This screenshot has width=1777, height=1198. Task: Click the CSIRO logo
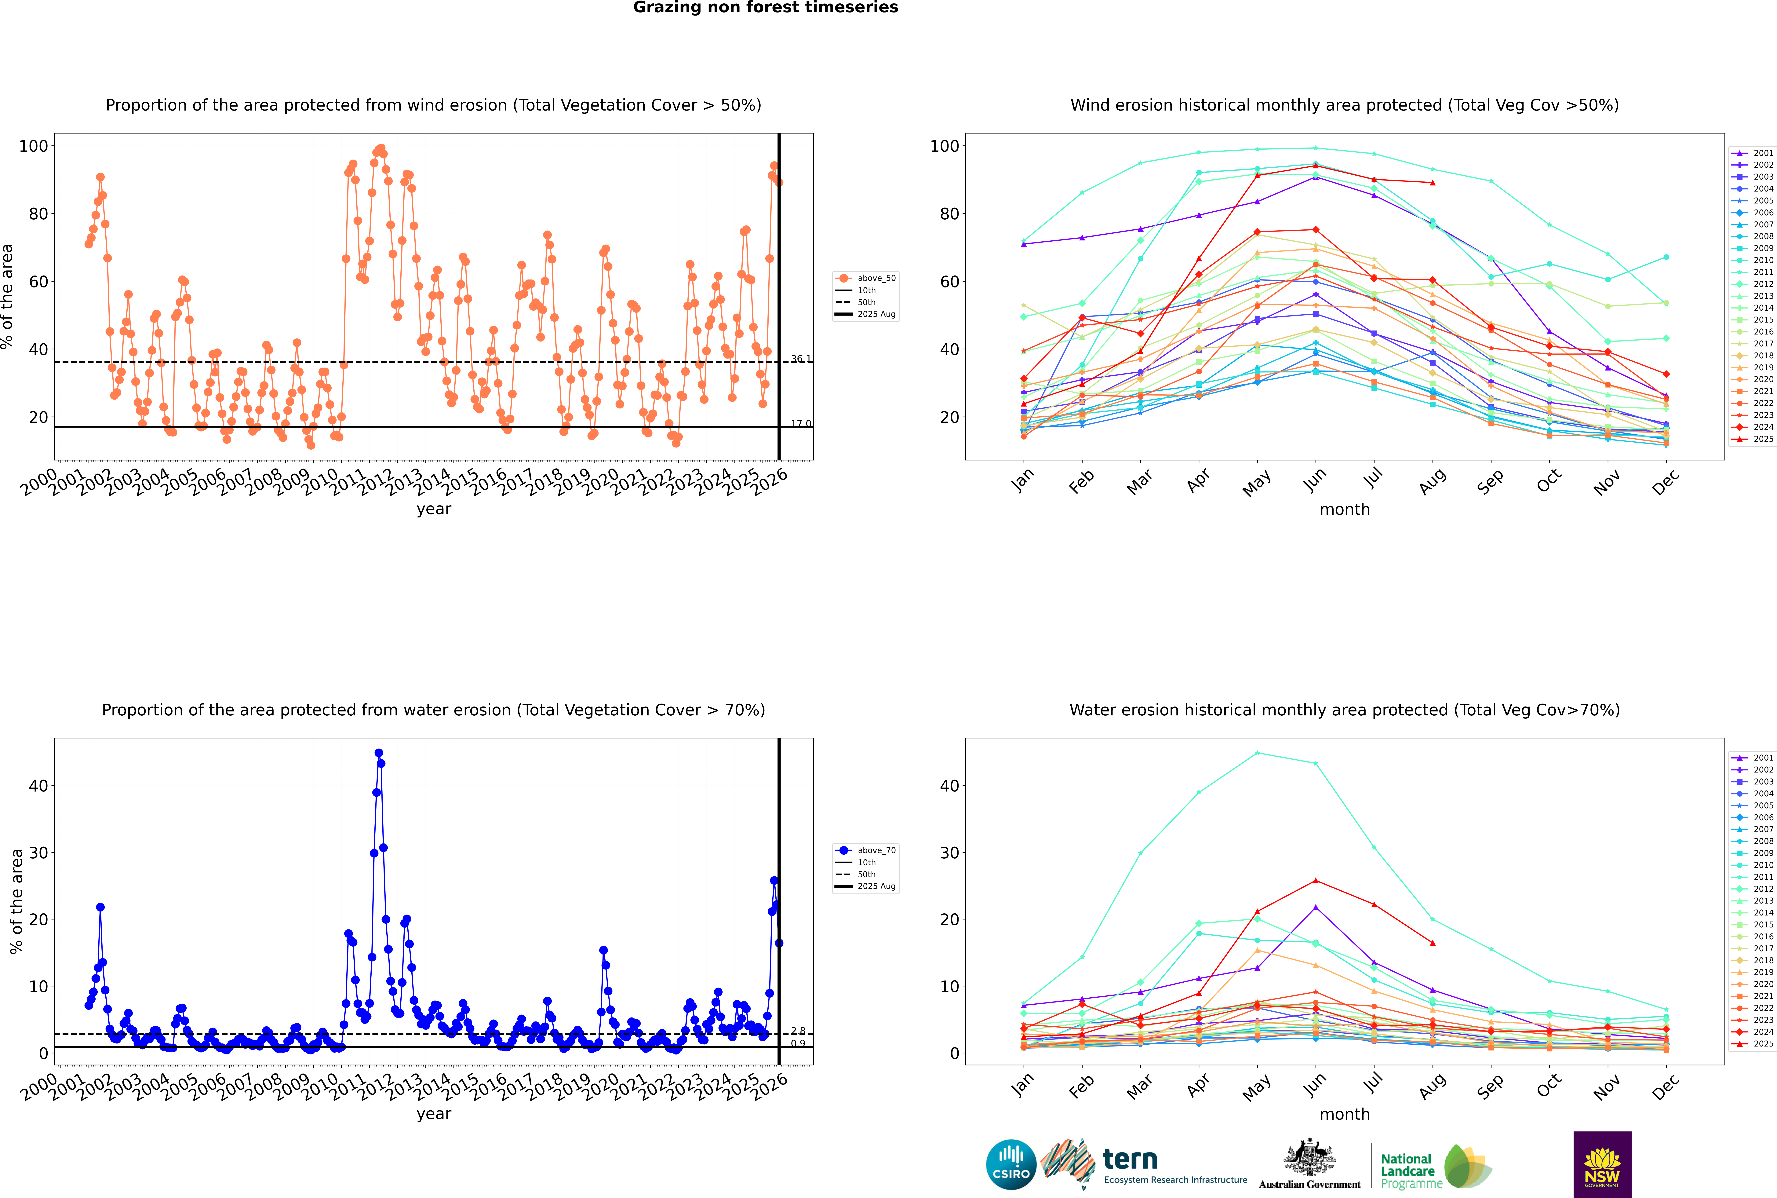point(1011,1164)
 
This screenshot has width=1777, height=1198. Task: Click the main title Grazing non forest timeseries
point(766,8)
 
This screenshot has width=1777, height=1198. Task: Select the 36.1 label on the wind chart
point(801,359)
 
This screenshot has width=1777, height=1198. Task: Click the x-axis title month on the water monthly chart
point(1345,1114)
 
